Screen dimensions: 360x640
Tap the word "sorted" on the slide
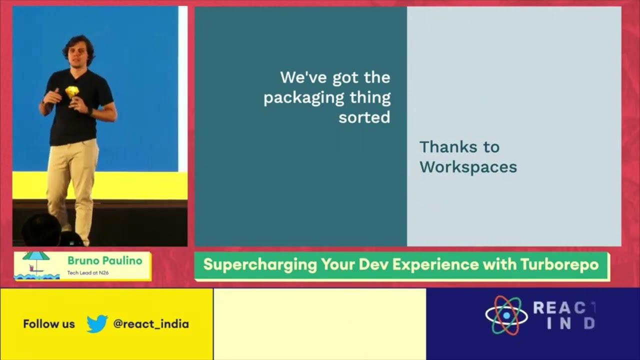[364, 117]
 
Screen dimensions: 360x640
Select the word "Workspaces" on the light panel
[468, 167]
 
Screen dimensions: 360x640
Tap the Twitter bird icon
[97, 323]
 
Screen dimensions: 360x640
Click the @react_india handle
[151, 324]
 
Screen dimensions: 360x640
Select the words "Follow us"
[49, 324]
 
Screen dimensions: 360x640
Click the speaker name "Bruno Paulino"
[104, 260]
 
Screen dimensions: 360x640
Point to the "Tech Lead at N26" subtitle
[88, 273]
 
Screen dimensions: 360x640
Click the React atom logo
[506, 315]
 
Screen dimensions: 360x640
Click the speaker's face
[80, 52]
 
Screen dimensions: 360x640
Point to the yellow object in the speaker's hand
[72, 91]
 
